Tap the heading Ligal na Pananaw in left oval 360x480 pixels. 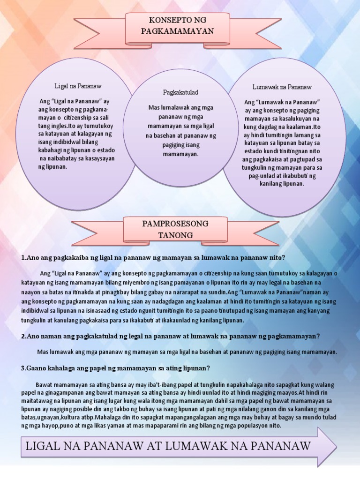coord(78,87)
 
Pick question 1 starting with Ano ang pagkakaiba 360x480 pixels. coord(153,258)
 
